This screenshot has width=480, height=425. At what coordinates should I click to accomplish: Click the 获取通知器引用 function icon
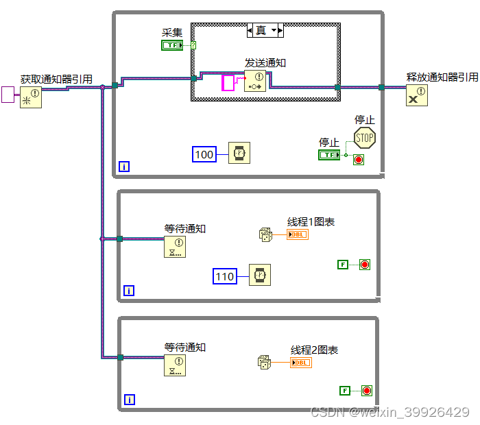[x=30, y=97]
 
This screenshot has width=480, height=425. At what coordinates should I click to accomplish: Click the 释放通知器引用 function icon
[x=416, y=95]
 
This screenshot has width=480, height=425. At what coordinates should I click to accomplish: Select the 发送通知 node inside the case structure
[x=255, y=81]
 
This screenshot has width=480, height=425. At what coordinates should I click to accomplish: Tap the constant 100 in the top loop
[x=204, y=154]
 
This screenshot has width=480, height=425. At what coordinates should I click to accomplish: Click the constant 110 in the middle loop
[x=225, y=276]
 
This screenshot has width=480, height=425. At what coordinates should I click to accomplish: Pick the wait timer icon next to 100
[x=239, y=154]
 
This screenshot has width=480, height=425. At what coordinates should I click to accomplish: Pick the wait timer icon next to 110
[x=259, y=275]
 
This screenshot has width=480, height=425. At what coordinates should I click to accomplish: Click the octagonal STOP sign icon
[x=365, y=138]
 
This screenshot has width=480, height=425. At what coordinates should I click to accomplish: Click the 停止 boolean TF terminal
[x=329, y=155]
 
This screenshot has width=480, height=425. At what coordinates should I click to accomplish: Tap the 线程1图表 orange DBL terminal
[x=298, y=234]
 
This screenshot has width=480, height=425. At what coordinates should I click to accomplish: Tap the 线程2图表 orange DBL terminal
[x=300, y=363]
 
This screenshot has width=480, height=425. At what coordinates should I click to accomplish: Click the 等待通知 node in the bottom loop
[x=175, y=365]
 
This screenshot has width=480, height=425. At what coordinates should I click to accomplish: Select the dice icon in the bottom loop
[x=264, y=363]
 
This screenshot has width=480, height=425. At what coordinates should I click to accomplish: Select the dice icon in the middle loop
[x=266, y=234]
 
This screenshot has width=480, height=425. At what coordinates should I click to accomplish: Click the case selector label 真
[x=261, y=30]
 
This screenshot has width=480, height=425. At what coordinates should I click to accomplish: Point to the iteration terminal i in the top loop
[x=124, y=166]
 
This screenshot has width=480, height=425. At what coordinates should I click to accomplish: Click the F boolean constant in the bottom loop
[x=345, y=391]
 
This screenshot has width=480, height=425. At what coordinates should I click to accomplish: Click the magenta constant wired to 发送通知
[x=228, y=84]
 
